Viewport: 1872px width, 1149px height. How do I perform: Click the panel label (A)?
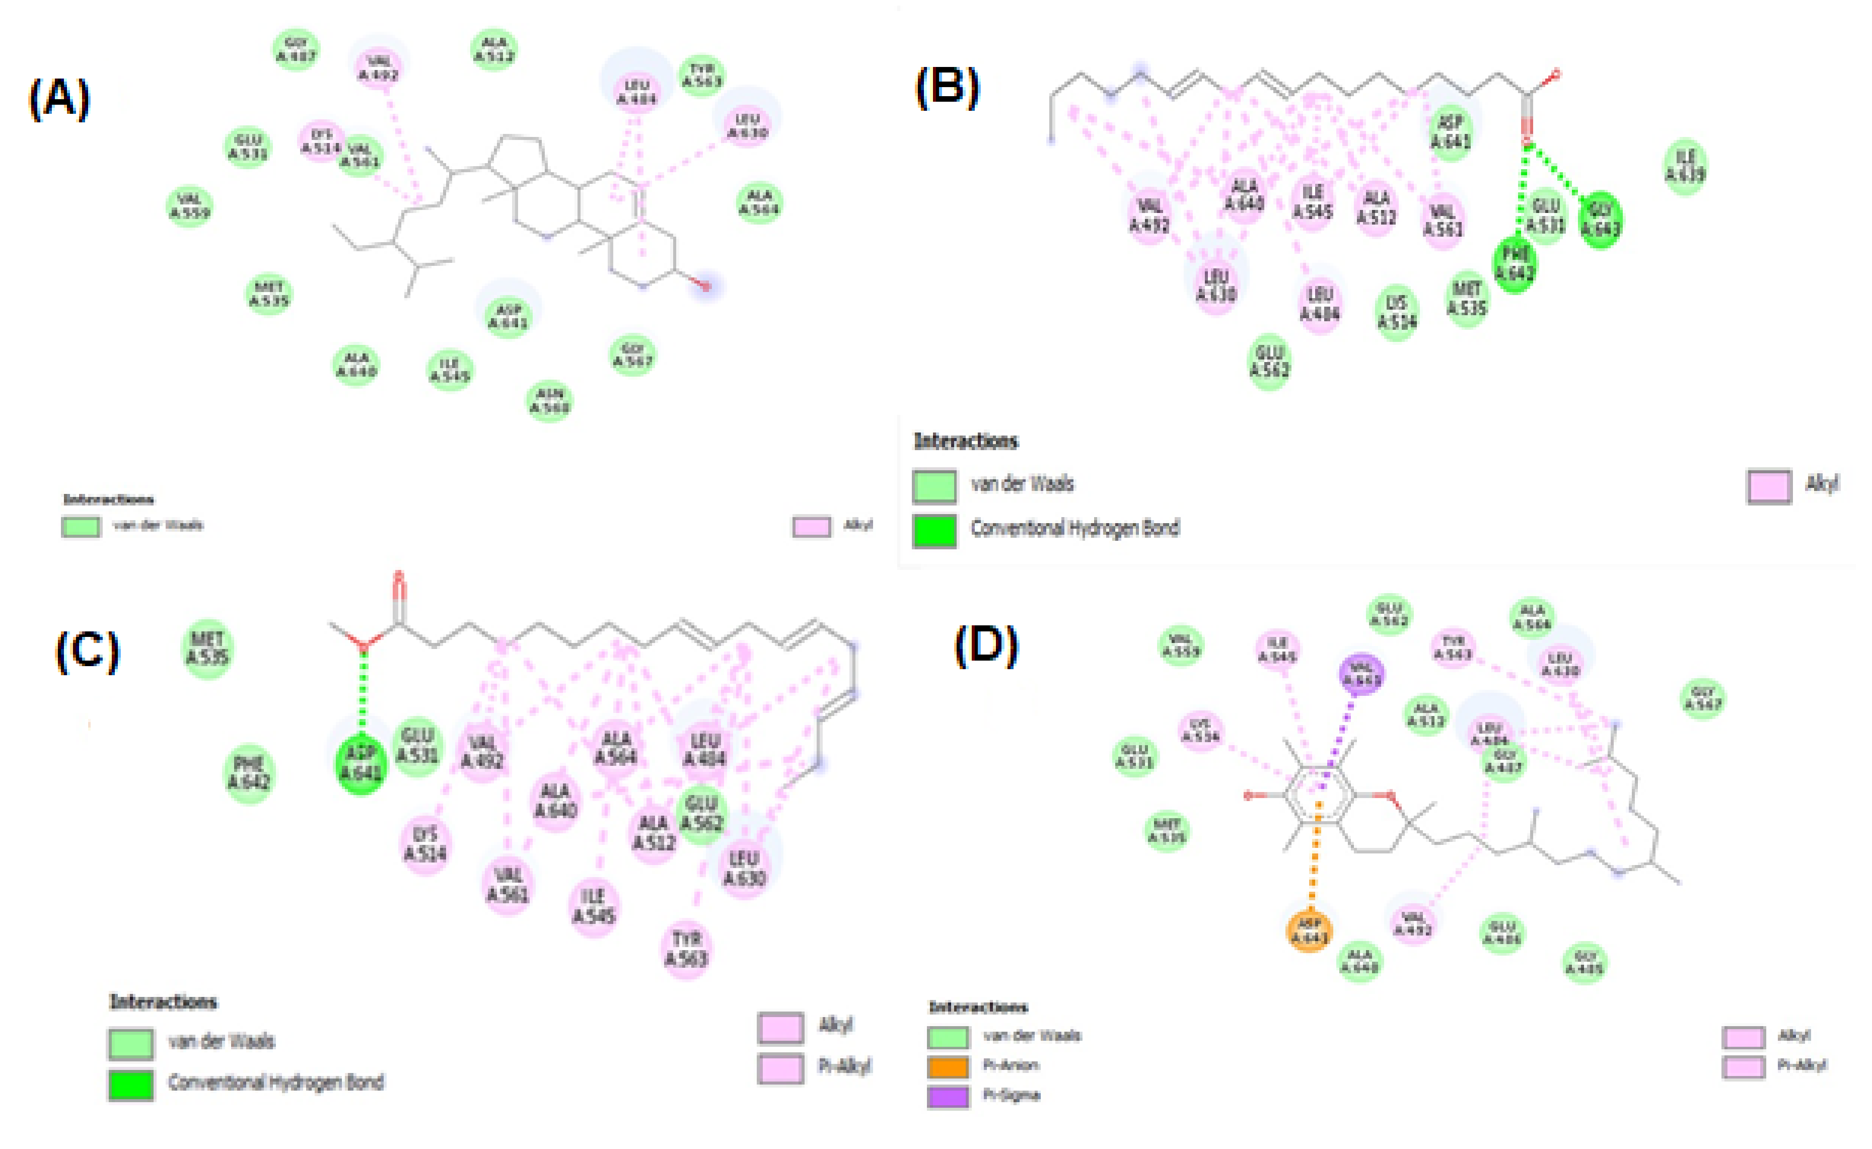59,99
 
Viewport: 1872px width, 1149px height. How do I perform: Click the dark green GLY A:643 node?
1600,219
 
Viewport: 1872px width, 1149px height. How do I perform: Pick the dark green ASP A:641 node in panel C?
361,763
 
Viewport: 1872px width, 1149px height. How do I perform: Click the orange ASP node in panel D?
1309,930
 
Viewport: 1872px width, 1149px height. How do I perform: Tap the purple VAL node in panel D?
1360,674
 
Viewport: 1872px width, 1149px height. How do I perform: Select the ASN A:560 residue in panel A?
549,400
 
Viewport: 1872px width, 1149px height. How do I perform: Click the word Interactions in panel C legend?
163,1001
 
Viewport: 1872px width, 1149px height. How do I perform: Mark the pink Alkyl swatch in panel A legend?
811,527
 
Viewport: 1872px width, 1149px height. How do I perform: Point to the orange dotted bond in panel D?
1314,858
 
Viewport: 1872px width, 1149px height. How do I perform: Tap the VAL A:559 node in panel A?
190,206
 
